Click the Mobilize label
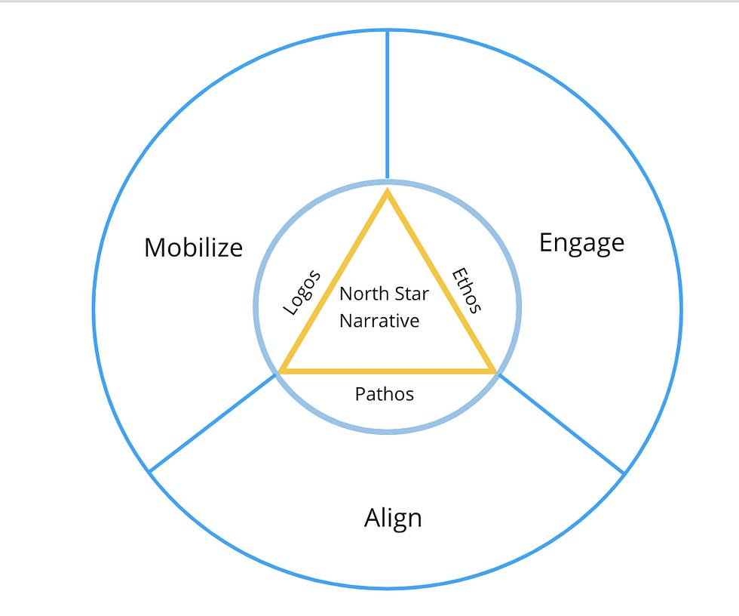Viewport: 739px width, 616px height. pos(194,248)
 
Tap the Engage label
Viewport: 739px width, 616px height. pos(581,243)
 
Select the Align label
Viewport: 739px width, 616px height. pos(393,519)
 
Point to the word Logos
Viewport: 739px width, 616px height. pos(302,292)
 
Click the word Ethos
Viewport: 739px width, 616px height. pos(467,290)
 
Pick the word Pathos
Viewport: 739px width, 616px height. pos(385,394)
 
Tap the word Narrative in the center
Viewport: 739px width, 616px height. pos(379,321)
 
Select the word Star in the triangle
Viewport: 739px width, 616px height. pos(410,294)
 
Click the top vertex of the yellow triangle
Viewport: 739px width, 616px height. pos(388,192)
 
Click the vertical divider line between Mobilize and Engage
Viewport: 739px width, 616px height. pos(388,106)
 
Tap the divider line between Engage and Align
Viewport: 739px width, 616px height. pos(561,423)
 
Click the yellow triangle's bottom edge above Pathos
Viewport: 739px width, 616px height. pos(388,371)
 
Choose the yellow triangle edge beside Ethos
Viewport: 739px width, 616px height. pos(440,281)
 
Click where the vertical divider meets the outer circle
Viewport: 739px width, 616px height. pos(388,31)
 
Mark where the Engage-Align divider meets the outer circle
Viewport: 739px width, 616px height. pos(624,473)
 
